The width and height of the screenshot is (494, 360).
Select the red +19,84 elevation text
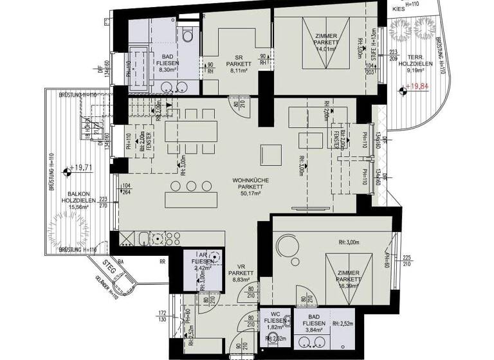coord(418,92)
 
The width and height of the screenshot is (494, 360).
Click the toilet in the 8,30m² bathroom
coord(188,35)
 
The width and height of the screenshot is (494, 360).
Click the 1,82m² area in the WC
coord(270,327)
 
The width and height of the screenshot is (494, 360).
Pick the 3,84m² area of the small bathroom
coord(315,329)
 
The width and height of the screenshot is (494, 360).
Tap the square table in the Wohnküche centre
coord(270,154)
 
